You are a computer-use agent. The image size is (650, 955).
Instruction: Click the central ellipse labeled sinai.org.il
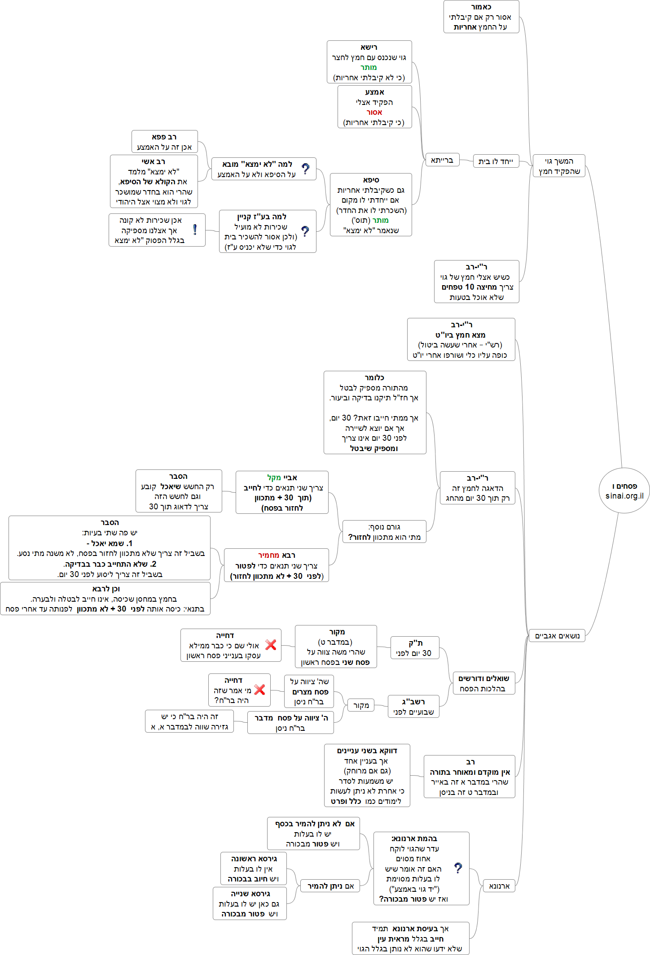(x=624, y=491)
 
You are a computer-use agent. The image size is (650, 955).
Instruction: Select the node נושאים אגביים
(x=557, y=636)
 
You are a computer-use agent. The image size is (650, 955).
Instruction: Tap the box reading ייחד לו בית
(x=496, y=161)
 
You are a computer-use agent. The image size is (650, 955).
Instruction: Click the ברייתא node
(x=442, y=160)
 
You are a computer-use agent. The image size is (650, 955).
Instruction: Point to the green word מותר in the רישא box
(x=369, y=68)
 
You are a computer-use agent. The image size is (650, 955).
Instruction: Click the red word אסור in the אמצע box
(x=374, y=113)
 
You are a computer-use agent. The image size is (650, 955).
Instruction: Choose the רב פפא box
(x=164, y=142)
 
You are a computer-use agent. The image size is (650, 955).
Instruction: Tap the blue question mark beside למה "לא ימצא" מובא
(x=306, y=169)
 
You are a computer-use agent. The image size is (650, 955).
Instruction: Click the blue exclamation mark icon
(x=195, y=230)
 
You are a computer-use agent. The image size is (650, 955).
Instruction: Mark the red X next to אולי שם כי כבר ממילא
(x=271, y=645)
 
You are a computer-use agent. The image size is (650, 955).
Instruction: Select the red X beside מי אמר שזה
(x=259, y=690)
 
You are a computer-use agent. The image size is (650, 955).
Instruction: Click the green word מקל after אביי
(x=274, y=478)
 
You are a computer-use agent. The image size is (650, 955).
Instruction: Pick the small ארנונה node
(x=499, y=886)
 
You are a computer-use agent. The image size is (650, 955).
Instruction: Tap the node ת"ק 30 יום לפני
(x=414, y=648)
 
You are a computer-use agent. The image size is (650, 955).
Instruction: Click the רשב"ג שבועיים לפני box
(x=413, y=707)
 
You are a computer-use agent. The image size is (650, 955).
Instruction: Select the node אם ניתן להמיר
(x=331, y=886)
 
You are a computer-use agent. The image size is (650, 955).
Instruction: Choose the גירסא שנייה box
(x=250, y=903)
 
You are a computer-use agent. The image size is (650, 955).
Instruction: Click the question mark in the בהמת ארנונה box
(x=458, y=868)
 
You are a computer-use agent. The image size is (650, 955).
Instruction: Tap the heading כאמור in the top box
(x=481, y=7)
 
